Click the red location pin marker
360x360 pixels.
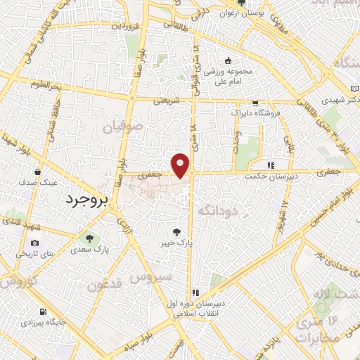point(181,165)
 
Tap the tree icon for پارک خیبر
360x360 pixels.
point(176,231)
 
